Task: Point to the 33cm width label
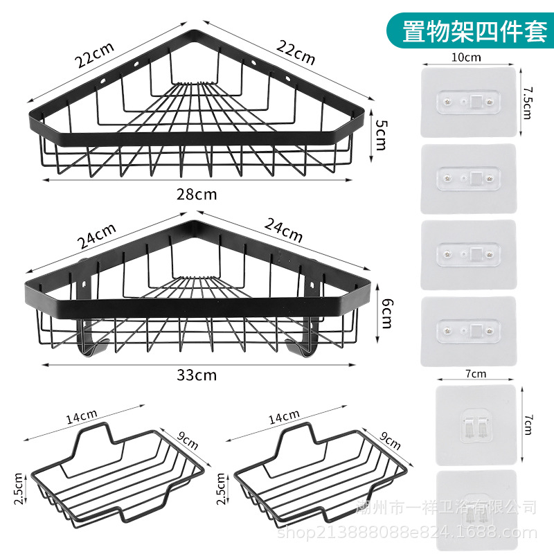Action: point(196,375)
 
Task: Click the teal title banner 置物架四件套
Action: point(474,30)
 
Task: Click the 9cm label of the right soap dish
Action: point(391,441)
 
